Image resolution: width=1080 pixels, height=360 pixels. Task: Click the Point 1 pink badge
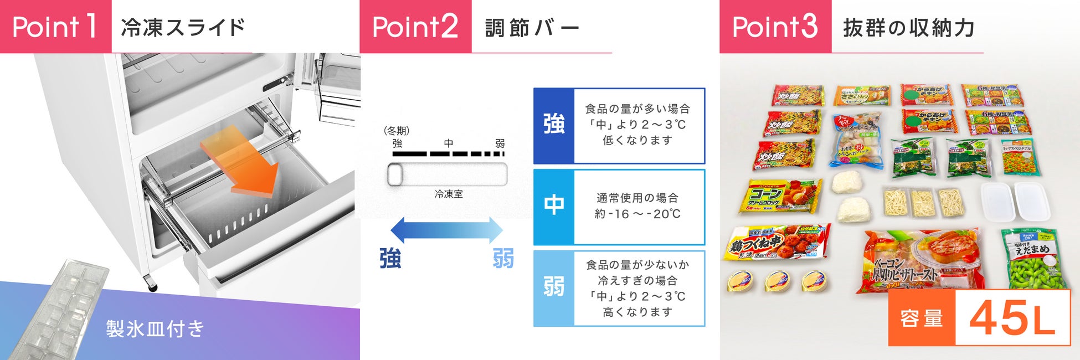pyautogui.click(x=55, y=27)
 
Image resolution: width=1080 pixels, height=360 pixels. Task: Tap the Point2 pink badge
pyautogui.click(x=415, y=27)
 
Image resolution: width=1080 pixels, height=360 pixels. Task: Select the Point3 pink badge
pyautogui.click(x=775, y=27)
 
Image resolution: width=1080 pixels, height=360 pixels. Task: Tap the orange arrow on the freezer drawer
pyautogui.click(x=244, y=163)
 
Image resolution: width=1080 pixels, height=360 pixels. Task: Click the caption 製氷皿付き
pyautogui.click(x=155, y=329)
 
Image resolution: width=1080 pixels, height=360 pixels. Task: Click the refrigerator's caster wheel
pyautogui.click(x=151, y=285)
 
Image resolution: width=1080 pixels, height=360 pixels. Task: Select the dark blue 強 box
pyautogui.click(x=554, y=125)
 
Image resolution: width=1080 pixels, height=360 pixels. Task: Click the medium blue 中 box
pyautogui.click(x=554, y=207)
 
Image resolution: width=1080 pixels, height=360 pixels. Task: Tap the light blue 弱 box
pyautogui.click(x=554, y=288)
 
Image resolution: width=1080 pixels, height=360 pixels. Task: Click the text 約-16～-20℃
pyautogui.click(x=637, y=214)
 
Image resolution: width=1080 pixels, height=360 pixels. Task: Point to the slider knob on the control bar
pyautogui.click(x=395, y=175)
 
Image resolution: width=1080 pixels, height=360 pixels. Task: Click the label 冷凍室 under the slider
pyautogui.click(x=448, y=194)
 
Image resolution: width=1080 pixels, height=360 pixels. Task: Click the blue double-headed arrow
pyautogui.click(x=446, y=230)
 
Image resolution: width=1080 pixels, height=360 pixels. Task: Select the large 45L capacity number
pyautogui.click(x=1012, y=318)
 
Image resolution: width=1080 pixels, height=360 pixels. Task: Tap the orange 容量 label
pyautogui.click(x=922, y=318)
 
